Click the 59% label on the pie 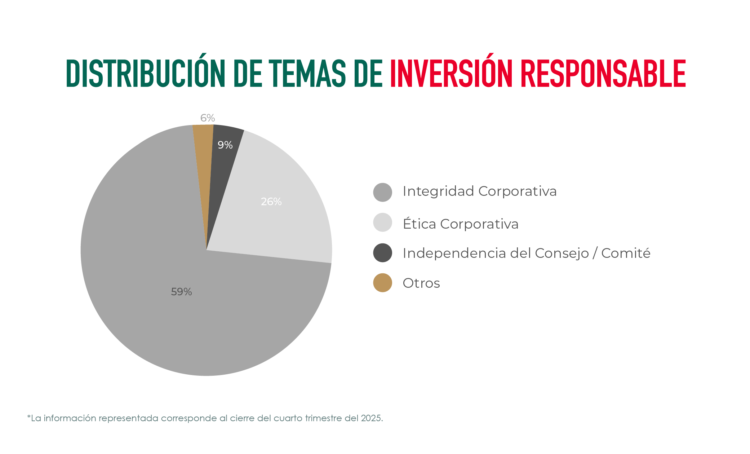point(181,292)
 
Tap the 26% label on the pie point(271,202)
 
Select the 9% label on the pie point(225,145)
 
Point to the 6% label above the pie point(208,118)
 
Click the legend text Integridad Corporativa point(479,191)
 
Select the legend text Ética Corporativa point(460,224)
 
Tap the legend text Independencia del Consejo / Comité point(526,253)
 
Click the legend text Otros point(421,283)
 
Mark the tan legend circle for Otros point(382,283)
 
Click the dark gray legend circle point(382,253)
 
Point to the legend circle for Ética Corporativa point(382,222)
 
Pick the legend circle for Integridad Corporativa point(382,192)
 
